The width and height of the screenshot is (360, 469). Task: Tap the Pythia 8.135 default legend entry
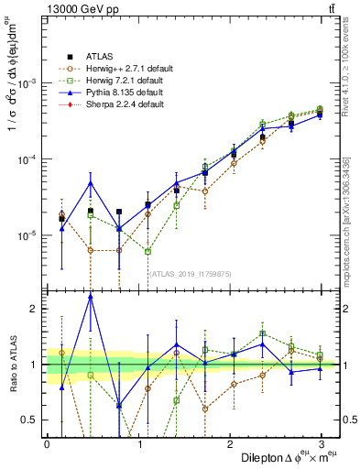[x=125, y=93]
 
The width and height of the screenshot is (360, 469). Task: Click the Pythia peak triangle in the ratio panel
[x=91, y=297]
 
